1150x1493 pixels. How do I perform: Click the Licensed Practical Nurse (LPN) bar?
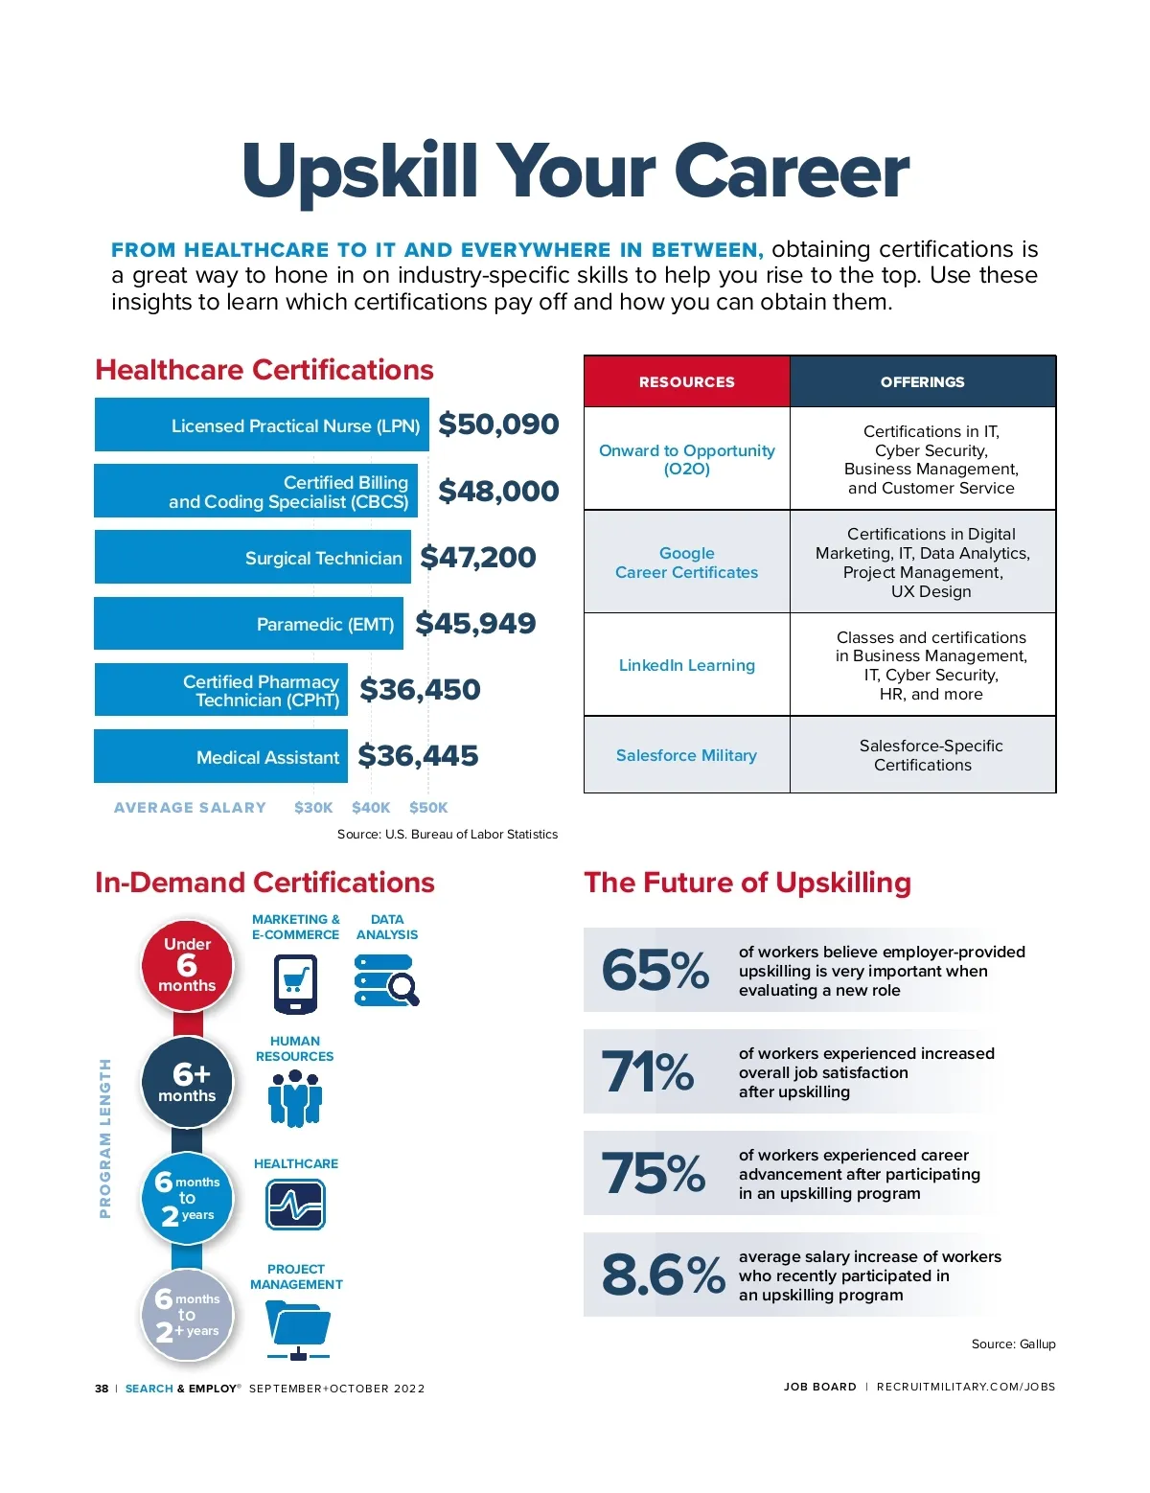(x=262, y=425)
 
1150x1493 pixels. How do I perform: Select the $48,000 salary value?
(x=498, y=491)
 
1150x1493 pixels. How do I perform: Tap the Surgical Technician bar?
(x=252, y=557)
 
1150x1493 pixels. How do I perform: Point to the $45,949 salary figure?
(x=475, y=624)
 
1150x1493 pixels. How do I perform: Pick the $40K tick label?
(x=371, y=808)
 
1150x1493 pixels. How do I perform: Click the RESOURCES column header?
(x=686, y=381)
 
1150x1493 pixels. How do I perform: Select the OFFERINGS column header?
(x=922, y=381)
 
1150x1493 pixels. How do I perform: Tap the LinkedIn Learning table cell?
(x=686, y=665)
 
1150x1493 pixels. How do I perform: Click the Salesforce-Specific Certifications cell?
(x=923, y=755)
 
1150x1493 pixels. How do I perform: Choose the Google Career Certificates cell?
(x=686, y=563)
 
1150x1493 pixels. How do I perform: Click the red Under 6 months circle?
(x=187, y=965)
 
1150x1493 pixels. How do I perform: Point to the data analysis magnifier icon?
(x=387, y=980)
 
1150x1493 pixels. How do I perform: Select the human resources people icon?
(x=295, y=1098)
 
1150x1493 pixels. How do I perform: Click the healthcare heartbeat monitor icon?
(x=295, y=1204)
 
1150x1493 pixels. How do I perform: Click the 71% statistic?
(x=648, y=1071)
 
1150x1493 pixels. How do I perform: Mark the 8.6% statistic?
(x=662, y=1275)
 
